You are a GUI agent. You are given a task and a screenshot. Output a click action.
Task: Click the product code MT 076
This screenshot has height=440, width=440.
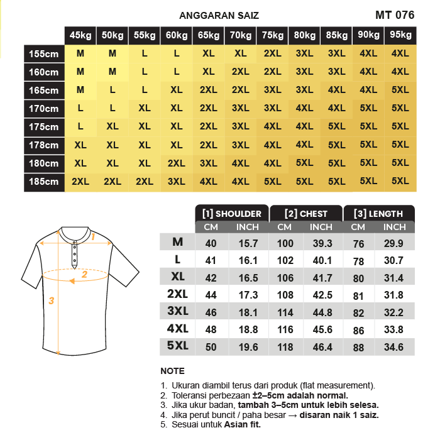pos(394,15)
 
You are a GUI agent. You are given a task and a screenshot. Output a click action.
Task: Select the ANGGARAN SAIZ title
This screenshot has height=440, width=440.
pos(219,16)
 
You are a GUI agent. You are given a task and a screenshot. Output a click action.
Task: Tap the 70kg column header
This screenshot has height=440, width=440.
pos(240,36)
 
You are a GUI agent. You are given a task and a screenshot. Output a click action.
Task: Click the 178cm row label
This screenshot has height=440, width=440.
pos(43,145)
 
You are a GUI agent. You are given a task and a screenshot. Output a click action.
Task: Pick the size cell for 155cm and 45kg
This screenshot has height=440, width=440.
pos(80,54)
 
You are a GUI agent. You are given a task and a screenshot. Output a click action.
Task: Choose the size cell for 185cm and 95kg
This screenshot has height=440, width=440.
pos(400,182)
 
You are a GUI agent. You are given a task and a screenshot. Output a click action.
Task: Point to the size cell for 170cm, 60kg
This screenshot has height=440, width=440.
pos(177,109)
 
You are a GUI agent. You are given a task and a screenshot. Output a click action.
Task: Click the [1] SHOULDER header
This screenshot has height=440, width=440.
pos(232,214)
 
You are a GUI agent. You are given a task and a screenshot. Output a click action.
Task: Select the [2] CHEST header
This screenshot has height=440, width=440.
pos(306,214)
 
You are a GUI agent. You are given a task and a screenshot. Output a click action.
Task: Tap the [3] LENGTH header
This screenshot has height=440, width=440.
pos(379,214)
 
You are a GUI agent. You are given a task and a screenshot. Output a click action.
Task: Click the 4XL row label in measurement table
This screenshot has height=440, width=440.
pos(177,327)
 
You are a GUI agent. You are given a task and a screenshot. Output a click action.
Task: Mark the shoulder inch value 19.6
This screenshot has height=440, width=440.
pos(248,347)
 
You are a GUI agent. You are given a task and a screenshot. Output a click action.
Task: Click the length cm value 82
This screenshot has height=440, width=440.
pos(358,312)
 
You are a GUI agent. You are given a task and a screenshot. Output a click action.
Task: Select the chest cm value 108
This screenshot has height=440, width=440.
pos(285,295)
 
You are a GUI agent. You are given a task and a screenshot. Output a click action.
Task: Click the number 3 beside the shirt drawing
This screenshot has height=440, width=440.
pos(51,300)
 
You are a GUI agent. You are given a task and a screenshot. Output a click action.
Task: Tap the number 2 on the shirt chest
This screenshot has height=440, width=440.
pos(84,274)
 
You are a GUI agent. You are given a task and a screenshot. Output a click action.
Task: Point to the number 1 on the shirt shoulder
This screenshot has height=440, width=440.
pos(92,237)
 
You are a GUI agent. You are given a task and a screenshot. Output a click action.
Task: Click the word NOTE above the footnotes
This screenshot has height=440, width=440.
pos(172,371)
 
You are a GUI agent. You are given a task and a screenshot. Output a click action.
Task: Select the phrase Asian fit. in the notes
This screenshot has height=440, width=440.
pos(243,424)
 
